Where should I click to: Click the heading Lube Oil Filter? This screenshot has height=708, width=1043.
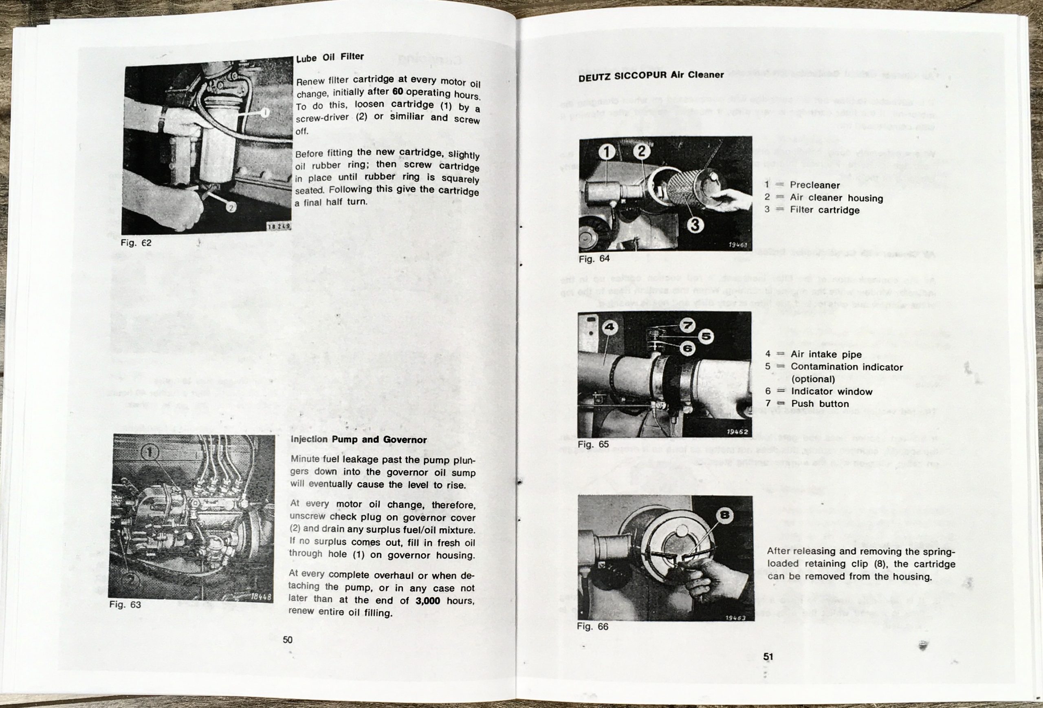pos(330,57)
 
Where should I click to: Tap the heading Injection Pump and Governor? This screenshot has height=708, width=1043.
pos(359,439)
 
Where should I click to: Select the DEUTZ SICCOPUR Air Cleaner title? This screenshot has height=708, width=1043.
pos(651,75)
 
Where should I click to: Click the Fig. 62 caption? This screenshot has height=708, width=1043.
pos(136,243)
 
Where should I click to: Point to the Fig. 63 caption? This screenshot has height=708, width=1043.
pos(125,605)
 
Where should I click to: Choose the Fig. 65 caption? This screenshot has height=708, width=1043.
pos(593,444)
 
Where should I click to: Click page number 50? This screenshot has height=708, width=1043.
pos(288,639)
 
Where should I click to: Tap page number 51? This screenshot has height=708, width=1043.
pos(768,656)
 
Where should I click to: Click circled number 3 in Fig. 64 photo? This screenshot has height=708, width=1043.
pos(695,224)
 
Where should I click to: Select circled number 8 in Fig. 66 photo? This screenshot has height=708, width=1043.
pos(725,515)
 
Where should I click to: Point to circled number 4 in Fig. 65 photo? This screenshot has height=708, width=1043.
pos(609,327)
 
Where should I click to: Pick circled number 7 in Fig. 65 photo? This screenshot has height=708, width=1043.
pos(687,324)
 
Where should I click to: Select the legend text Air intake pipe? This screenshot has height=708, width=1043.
pos(826,354)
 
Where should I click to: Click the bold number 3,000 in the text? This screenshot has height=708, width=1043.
pos(427,601)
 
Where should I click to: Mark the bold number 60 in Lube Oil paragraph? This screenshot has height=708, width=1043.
pos(398,92)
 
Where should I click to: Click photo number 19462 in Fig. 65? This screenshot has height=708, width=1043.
pos(737,432)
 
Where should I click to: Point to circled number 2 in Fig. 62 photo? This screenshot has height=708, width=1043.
pos(231,207)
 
